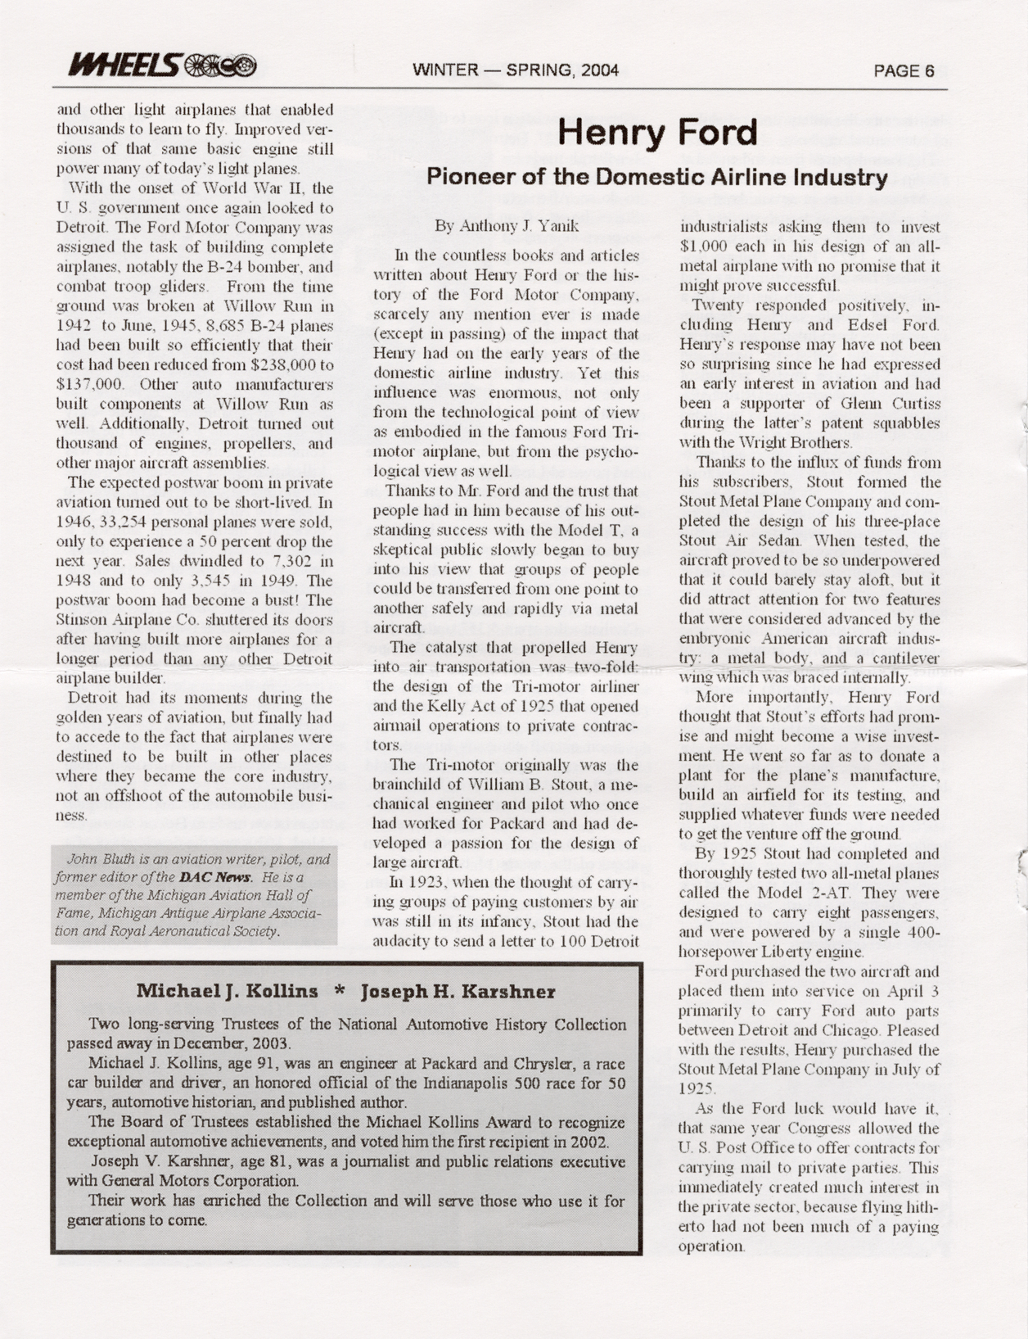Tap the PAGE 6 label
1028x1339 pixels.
pyautogui.click(x=904, y=70)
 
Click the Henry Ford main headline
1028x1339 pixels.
pyautogui.click(x=659, y=133)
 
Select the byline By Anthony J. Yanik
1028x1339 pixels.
pyautogui.click(x=507, y=225)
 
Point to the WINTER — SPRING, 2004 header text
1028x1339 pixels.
pyautogui.click(x=516, y=70)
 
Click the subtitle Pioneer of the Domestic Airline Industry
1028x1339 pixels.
pyautogui.click(x=657, y=177)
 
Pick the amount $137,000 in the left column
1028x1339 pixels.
pyautogui.click(x=90, y=384)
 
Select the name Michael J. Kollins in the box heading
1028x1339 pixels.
pyautogui.click(x=227, y=992)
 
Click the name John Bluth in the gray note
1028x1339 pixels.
pyautogui.click(x=92, y=860)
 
